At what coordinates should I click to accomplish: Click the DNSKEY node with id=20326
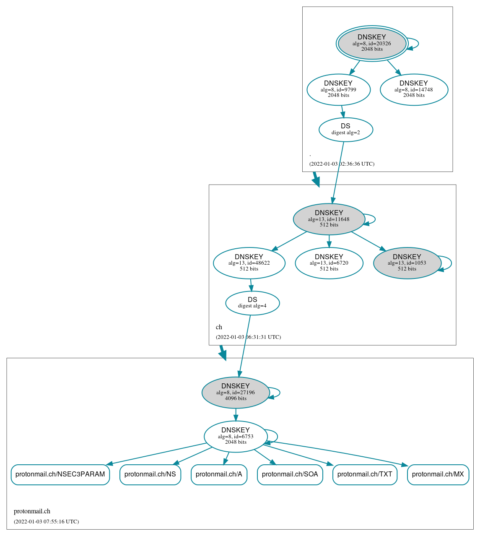[x=372, y=43]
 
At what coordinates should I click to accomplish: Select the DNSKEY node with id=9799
[x=338, y=89]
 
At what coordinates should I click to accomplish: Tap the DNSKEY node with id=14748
[x=414, y=89]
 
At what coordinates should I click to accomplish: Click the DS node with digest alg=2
[x=345, y=130]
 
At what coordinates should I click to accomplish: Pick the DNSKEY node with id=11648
[x=329, y=219]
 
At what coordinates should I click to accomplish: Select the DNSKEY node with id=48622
[x=249, y=263]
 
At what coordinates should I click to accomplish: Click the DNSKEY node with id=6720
[x=329, y=263]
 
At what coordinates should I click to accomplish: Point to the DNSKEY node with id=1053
[x=407, y=263]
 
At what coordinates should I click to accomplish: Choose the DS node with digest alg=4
[x=252, y=303]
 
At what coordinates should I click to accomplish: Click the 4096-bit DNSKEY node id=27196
[x=235, y=393]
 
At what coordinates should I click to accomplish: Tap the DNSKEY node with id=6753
[x=235, y=437]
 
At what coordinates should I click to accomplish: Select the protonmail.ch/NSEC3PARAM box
[x=60, y=474]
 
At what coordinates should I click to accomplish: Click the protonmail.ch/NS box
[x=150, y=474]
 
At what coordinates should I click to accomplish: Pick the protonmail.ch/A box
[x=219, y=474]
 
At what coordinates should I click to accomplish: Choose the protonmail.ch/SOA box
[x=290, y=474]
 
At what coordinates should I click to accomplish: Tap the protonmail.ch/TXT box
[x=364, y=474]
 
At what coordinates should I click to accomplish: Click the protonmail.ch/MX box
[x=438, y=474]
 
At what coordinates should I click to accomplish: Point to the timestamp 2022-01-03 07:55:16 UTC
[x=46, y=522]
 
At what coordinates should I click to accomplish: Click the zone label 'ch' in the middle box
[x=219, y=327]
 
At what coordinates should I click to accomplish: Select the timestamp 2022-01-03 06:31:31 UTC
[x=248, y=337]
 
